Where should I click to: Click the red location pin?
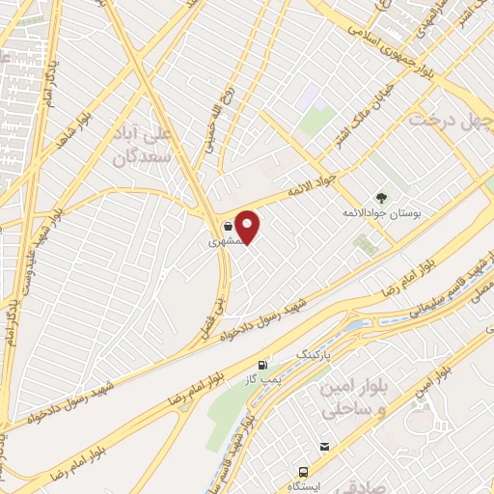249,227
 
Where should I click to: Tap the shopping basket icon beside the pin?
227,228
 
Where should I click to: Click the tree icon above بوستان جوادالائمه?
381,197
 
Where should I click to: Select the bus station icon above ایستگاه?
304,472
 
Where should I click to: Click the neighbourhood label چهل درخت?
451,121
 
